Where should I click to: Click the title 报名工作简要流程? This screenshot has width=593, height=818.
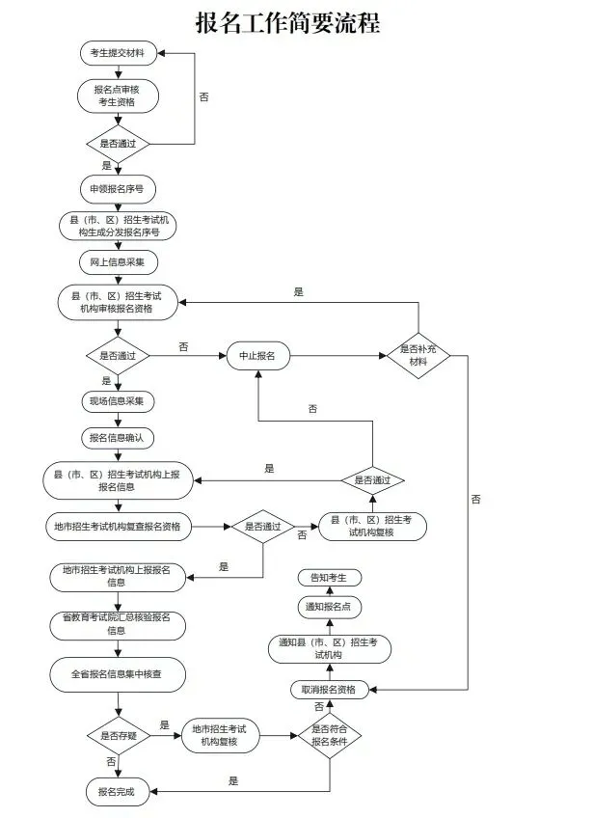(288, 23)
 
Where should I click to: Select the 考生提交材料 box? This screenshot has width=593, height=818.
(119, 53)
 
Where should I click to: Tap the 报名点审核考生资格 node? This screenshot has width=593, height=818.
(118, 96)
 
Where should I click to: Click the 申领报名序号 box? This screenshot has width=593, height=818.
(118, 189)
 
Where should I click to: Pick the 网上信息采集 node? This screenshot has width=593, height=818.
(118, 262)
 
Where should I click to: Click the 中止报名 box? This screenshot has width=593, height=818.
(258, 356)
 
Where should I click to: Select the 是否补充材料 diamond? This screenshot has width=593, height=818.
(418, 356)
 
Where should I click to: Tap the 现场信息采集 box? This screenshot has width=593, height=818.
(118, 401)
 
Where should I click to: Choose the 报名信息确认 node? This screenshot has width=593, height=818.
(118, 438)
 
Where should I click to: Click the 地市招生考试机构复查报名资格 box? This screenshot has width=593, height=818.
(118, 527)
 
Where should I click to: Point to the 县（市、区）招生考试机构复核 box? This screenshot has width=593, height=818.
(372, 527)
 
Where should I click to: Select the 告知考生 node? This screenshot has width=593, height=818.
(330, 578)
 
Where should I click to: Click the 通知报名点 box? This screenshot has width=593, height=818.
(330, 607)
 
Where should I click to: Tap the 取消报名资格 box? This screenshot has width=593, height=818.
(330, 690)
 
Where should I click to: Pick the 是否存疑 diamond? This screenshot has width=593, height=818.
(119, 736)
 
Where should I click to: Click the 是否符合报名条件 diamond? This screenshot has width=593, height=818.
(330, 736)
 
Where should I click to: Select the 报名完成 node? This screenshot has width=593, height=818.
(118, 792)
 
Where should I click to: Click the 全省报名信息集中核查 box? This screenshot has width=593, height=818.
(118, 674)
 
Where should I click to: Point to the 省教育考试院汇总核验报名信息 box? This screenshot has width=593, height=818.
(118, 624)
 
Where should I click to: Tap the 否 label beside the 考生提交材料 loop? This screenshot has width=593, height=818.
(203, 97)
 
